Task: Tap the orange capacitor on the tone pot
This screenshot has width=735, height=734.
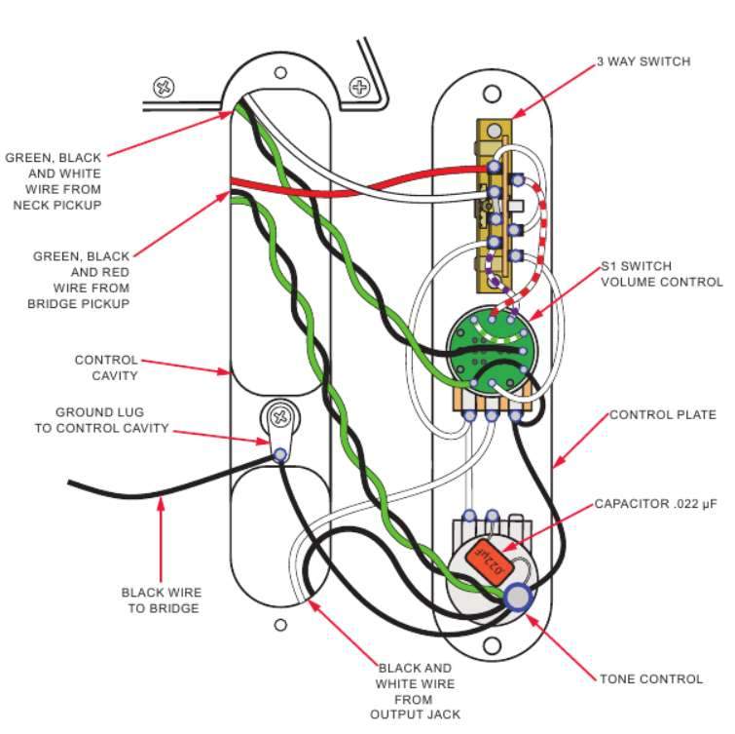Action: tap(490, 560)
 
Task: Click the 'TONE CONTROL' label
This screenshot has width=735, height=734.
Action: tap(649, 678)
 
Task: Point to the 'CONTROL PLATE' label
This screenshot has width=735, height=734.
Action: tap(662, 415)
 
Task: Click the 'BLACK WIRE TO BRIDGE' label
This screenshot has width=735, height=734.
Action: tap(162, 599)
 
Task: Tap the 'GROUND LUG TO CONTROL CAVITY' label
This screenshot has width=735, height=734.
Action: tap(112, 420)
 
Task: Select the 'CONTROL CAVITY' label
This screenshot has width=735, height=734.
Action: tap(106, 367)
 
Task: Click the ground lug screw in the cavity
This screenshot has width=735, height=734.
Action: tap(280, 416)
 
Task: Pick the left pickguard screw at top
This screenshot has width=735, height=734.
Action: tap(163, 89)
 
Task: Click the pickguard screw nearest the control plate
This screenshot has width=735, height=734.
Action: tap(359, 88)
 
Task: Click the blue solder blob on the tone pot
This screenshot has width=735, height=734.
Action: tap(520, 598)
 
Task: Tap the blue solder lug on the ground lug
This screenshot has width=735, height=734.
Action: tap(280, 454)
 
